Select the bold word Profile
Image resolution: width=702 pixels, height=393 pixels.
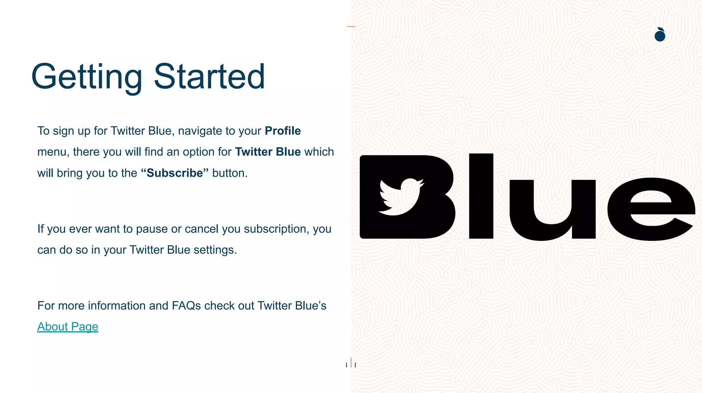point(283,131)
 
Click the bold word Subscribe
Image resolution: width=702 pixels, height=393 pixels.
point(175,173)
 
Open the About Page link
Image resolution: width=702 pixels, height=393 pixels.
point(68,327)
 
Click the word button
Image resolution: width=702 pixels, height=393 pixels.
point(229,173)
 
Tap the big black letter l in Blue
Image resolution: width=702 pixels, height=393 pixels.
point(481,196)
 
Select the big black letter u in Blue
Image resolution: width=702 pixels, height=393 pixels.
point(552,209)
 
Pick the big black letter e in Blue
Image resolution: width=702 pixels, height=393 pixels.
point(651,210)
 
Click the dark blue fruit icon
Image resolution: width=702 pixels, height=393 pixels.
point(660,35)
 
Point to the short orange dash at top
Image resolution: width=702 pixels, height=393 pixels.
point(351,26)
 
